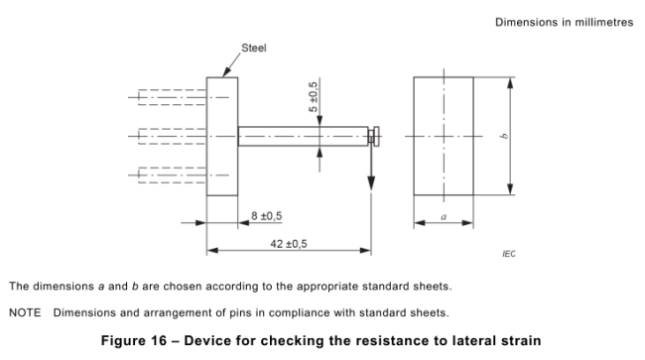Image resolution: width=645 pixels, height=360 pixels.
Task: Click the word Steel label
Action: tap(253, 48)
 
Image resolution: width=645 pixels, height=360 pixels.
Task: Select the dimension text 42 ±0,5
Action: tap(289, 244)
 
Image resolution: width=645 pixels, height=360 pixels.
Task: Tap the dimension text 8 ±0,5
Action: tap(267, 216)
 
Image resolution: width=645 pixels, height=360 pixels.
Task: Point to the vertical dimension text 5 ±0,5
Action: tap(313, 97)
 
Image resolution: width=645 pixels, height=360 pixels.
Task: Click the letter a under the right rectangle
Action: tap(444, 216)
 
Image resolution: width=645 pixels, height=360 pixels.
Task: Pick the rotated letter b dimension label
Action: tap(504, 136)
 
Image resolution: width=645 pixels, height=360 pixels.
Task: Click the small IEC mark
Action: tap(509, 254)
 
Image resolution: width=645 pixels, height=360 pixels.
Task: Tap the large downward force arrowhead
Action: tap(371, 183)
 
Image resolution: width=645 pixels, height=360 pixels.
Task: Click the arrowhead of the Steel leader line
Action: tap(226, 72)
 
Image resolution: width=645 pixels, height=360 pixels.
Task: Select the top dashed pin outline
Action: tap(172, 97)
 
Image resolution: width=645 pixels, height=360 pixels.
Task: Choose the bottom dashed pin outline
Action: tap(172, 176)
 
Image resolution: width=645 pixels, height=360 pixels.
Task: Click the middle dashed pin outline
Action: tap(172, 136)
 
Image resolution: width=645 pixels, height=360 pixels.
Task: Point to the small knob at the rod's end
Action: tap(374, 136)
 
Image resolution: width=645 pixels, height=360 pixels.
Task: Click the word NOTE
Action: tap(25, 312)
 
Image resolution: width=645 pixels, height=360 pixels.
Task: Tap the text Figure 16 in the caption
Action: tap(134, 341)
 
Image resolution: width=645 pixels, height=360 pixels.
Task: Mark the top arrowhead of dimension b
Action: tap(510, 83)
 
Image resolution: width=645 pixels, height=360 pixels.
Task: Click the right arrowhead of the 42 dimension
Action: tap(365, 250)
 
